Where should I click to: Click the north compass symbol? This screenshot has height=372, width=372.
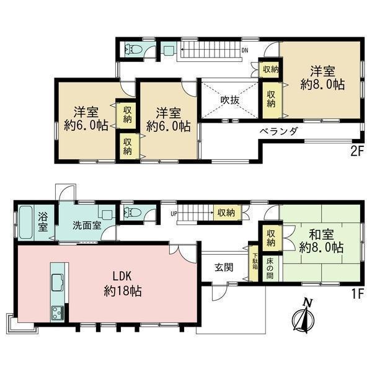click(304, 316)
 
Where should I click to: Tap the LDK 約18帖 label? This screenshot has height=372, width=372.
click(123, 284)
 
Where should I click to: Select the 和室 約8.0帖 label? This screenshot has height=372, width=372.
click(321, 241)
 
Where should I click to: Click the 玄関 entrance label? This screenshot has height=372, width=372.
click(224, 267)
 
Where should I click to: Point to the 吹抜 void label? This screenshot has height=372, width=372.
click(229, 100)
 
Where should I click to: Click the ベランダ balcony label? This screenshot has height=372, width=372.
click(279, 131)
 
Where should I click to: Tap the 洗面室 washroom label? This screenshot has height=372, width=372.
click(87, 226)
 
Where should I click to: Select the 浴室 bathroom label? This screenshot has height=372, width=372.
click(43, 223)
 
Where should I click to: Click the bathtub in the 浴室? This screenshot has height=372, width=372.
click(25, 222)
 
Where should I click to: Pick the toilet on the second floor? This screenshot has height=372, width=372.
click(133, 50)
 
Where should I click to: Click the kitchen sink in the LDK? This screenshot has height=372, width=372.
click(58, 282)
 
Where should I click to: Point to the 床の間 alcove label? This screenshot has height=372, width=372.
click(270, 268)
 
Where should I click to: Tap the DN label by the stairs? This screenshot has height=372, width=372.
click(245, 51)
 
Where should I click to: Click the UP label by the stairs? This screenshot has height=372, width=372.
click(174, 214)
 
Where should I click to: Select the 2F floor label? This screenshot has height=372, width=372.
click(357, 152)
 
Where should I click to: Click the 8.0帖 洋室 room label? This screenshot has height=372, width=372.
click(322, 78)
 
